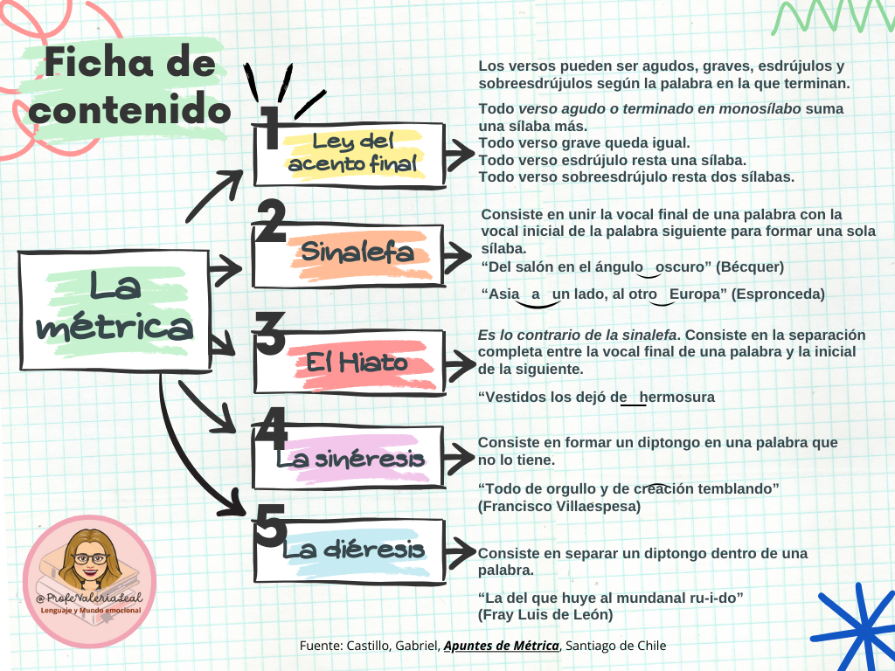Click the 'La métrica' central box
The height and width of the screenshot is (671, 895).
pyautogui.click(x=115, y=310)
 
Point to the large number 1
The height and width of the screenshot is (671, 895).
pyautogui.click(x=270, y=128)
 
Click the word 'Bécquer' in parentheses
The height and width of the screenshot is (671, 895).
pyautogui.click(x=749, y=266)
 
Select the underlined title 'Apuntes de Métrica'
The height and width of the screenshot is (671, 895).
pyautogui.click(x=502, y=646)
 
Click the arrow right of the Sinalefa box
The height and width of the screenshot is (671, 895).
pyautogui.click(x=457, y=253)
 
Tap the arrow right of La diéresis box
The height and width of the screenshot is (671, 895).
pyautogui.click(x=457, y=551)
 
